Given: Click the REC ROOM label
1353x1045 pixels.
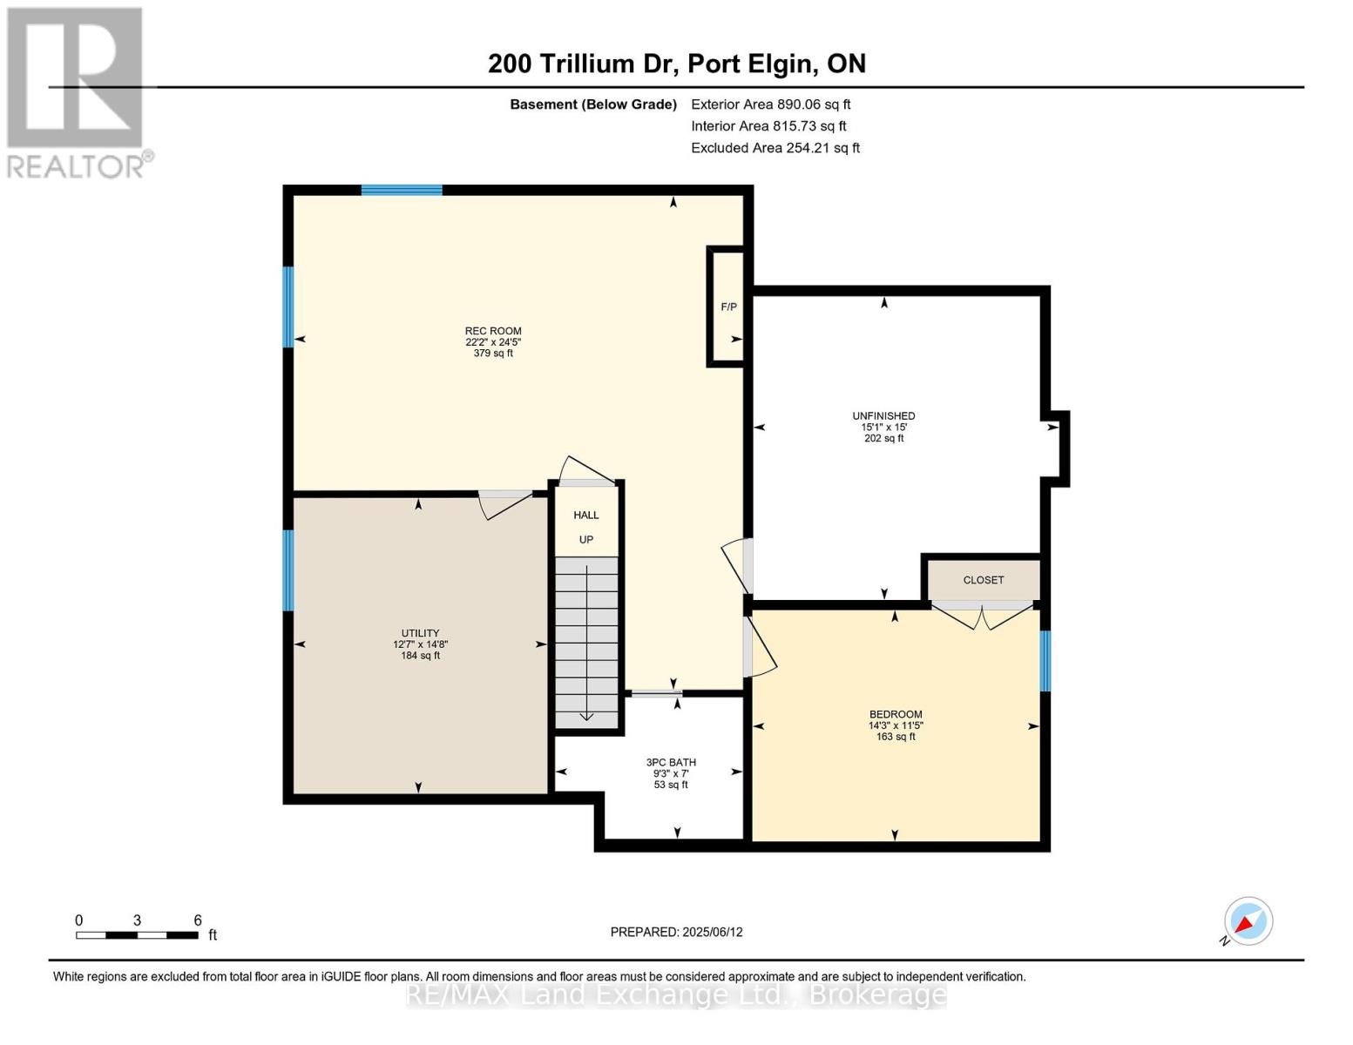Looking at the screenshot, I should click(493, 331).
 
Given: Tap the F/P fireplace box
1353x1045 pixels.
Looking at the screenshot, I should click(728, 307).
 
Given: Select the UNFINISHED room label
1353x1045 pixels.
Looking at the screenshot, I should click(883, 416).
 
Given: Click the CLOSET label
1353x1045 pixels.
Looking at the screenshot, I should click(984, 580).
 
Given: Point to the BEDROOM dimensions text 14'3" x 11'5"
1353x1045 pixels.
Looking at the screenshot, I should click(896, 725).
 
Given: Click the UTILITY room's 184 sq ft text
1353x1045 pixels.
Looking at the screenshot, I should click(420, 656).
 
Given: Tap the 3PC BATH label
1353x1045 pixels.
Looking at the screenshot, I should click(671, 763).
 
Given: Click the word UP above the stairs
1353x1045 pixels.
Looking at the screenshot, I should click(586, 540).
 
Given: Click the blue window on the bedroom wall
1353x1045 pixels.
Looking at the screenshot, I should click(1045, 661).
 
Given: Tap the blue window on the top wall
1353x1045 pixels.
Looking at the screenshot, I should click(402, 190).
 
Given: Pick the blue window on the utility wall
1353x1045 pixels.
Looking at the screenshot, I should click(288, 570).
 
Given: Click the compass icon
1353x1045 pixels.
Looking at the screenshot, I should click(1248, 921).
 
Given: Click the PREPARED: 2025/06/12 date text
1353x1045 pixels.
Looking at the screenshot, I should click(676, 932).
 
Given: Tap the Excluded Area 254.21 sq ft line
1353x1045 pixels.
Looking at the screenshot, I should click(775, 148).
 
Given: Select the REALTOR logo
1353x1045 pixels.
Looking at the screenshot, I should click(77, 91).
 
